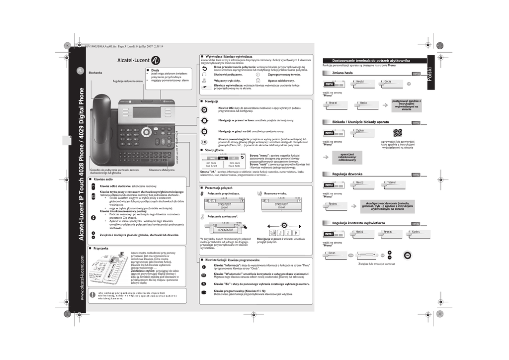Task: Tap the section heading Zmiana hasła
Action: [x=342, y=73]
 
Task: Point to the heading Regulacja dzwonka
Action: [x=347, y=174]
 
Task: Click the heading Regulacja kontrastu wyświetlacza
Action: [x=359, y=223]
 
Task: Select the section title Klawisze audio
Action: [x=103, y=179]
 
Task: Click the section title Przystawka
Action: [x=101, y=248]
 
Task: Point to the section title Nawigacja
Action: [x=212, y=101]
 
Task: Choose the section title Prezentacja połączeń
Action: [x=219, y=187]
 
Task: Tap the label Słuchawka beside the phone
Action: [x=95, y=73]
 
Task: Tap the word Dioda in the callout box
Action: [x=155, y=71]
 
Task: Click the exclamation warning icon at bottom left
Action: [x=92, y=295]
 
